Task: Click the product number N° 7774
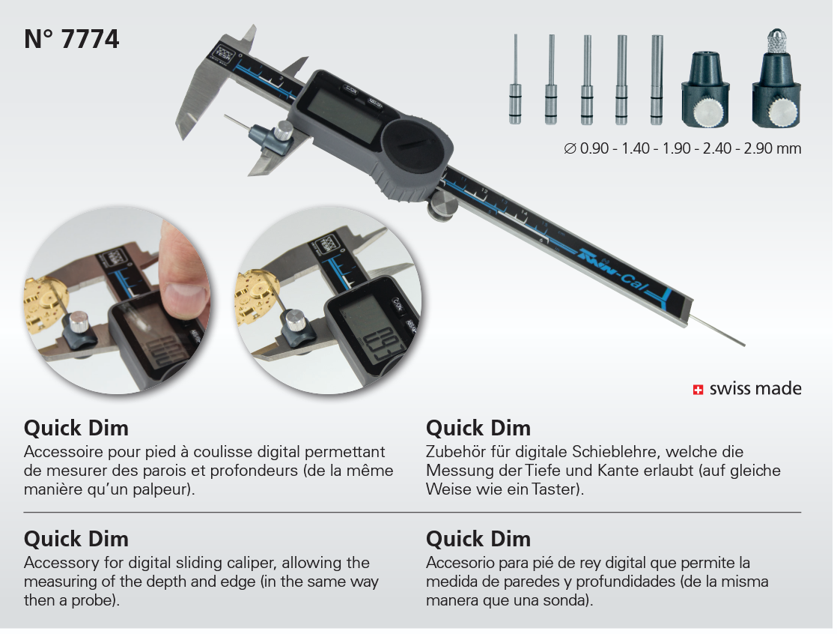click(x=71, y=39)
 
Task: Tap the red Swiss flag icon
click(x=698, y=390)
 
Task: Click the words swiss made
click(x=755, y=388)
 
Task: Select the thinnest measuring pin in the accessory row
click(x=515, y=79)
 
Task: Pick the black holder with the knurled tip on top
click(x=776, y=79)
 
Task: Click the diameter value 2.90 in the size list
click(x=758, y=148)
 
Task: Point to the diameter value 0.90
click(x=594, y=148)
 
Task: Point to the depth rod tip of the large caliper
click(x=743, y=344)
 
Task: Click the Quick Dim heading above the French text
click(x=76, y=428)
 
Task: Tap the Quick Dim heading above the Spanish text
click(x=478, y=539)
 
